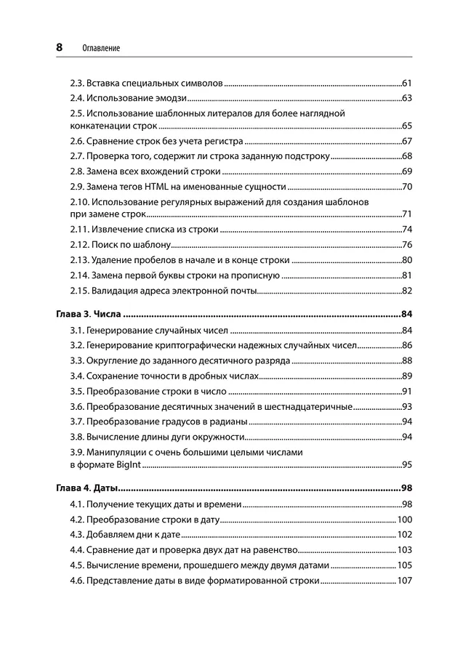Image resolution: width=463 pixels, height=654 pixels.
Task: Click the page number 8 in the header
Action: [x=59, y=47]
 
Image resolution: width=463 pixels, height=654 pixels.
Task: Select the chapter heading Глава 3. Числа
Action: [x=88, y=315]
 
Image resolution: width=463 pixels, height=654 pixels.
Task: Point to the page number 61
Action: [x=407, y=83]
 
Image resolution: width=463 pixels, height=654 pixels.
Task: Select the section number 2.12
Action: [x=79, y=244]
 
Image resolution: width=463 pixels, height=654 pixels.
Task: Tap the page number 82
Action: [x=407, y=291]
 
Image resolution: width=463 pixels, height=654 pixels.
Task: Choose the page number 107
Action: [x=405, y=581]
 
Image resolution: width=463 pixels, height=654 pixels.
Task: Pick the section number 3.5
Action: [x=77, y=391]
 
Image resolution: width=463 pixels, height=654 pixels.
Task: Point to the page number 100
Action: [x=405, y=520]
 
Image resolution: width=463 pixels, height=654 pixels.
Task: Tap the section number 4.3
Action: [x=77, y=535]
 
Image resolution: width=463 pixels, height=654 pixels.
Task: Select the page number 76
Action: [x=407, y=244]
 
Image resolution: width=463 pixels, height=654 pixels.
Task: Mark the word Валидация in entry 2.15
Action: [x=113, y=291]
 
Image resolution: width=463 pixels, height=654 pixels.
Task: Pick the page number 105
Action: [x=405, y=565]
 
